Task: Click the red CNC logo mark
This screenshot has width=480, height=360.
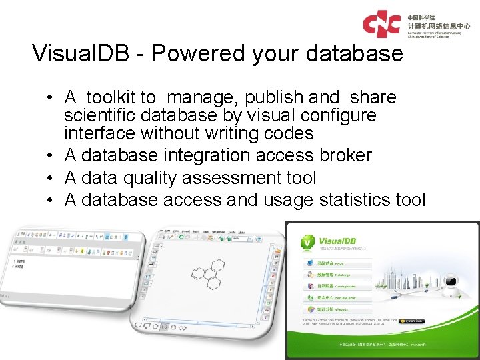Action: coord(382,23)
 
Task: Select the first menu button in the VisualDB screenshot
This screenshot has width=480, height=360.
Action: coord(333,263)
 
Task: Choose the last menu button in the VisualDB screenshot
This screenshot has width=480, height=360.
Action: coord(333,310)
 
